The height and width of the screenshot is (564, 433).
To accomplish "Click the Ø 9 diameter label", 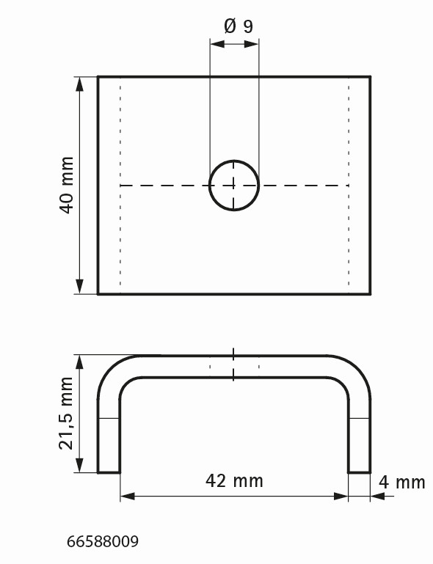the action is [239, 26].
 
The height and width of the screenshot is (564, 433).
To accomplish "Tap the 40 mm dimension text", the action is [67, 186].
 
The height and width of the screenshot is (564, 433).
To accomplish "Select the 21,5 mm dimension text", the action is [66, 414].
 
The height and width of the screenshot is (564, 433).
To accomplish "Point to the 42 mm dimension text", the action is [234, 480].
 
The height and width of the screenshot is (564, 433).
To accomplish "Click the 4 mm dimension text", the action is [402, 482].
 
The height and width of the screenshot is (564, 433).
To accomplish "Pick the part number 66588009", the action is [103, 541].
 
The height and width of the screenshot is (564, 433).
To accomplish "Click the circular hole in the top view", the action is [234, 161].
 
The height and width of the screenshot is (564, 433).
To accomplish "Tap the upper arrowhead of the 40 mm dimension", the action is [79, 84].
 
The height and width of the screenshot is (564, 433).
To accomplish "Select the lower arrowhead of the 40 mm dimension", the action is [79, 286].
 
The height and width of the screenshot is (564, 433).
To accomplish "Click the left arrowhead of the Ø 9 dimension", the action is [217, 44].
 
